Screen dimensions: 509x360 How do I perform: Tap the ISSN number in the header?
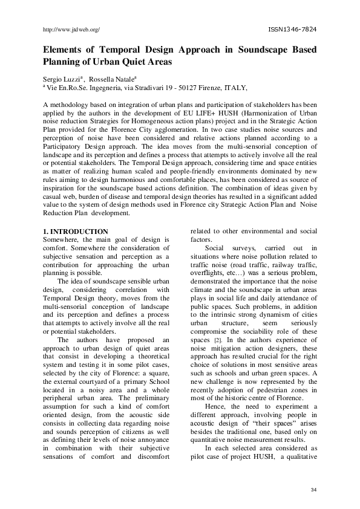click(x=292, y=28)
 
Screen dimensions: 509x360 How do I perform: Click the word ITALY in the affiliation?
click(x=235, y=88)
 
